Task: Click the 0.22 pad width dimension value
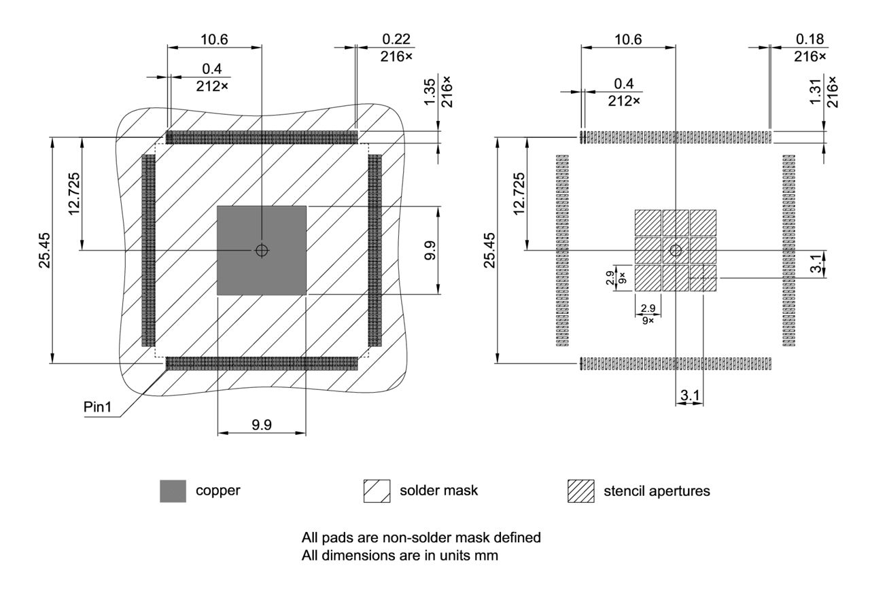397,39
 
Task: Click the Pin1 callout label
98,406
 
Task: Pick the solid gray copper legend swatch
173,490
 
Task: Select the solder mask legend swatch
377,490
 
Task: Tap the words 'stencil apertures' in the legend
657,490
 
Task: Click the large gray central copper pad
261,272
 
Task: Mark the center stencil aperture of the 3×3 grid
676,250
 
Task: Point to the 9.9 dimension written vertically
449,250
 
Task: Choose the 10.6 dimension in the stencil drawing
627,39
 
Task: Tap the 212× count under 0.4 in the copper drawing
213,86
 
